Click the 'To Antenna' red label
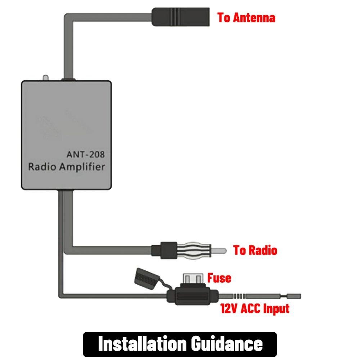[x=246, y=18]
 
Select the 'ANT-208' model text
[x=86, y=154]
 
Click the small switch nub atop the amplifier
[x=45, y=78]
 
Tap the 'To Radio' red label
[x=255, y=250]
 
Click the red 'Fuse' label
[x=219, y=278]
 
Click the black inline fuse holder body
[x=193, y=296]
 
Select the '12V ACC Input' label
[x=255, y=309]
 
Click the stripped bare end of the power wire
[x=293, y=296]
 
